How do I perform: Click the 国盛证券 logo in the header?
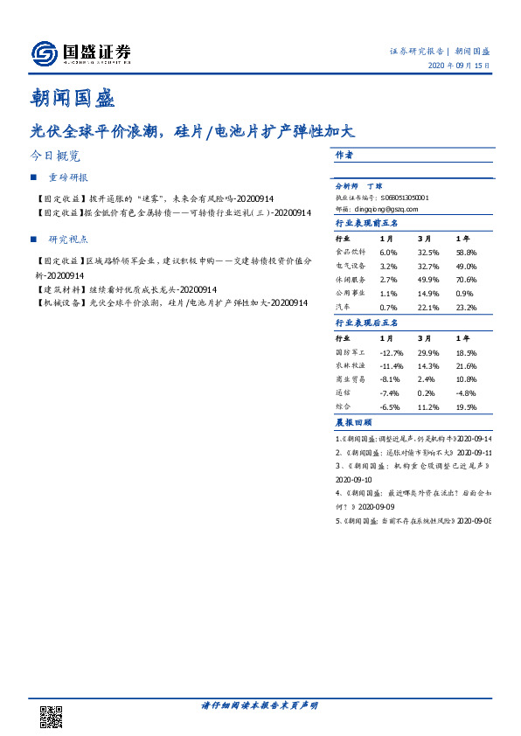pos(80,54)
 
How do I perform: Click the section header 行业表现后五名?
pos(367,323)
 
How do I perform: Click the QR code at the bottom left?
pos(52,716)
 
